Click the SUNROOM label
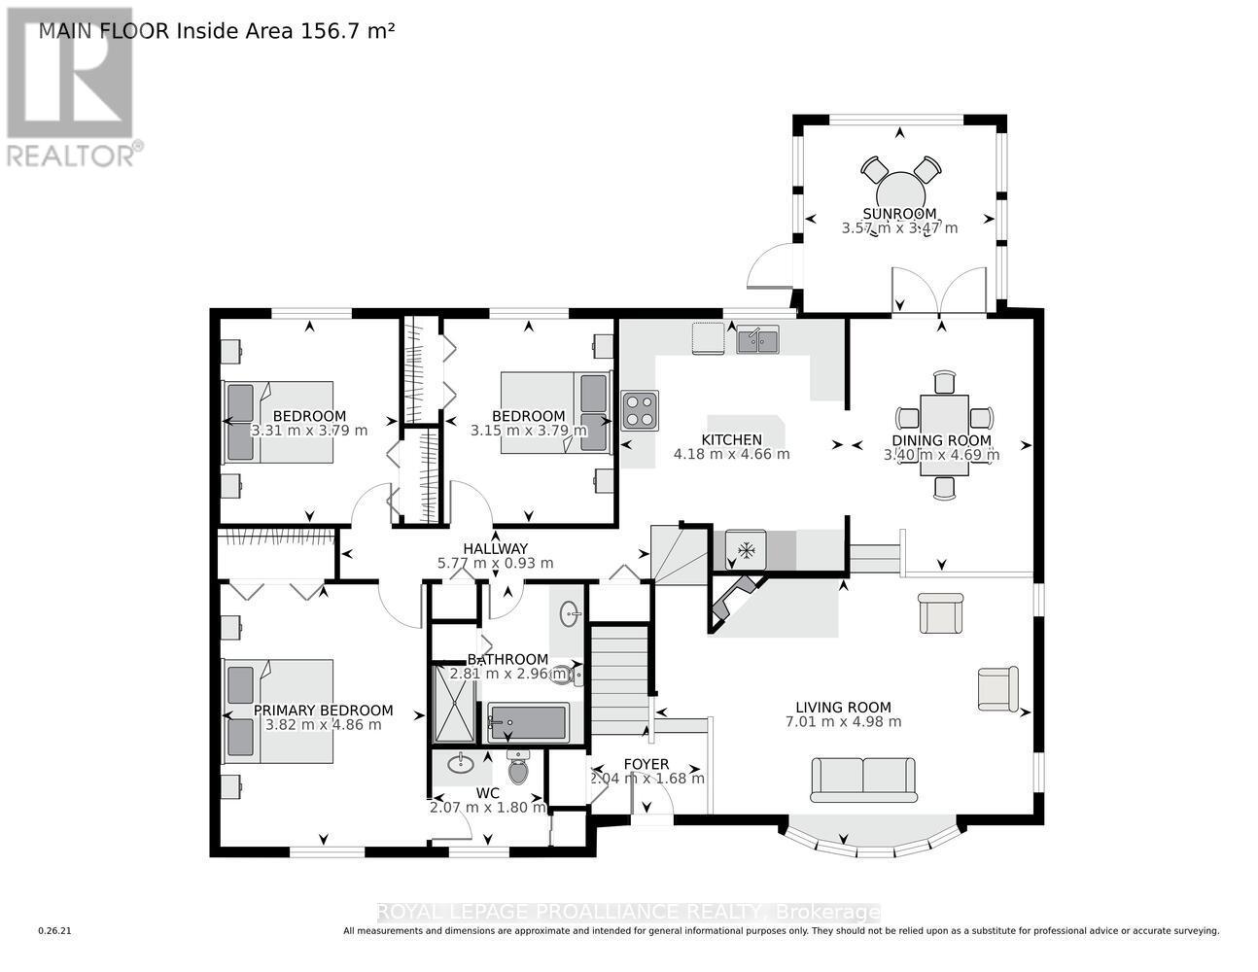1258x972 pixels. point(899,214)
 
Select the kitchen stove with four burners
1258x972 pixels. point(640,410)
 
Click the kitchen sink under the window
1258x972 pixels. point(756,340)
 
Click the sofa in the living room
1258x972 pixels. point(864,780)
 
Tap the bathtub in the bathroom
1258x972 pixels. point(527,722)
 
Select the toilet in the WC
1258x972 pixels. point(517,768)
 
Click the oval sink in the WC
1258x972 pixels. point(460,763)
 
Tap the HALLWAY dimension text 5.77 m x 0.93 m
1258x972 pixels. point(495,563)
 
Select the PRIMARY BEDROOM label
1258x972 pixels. point(323,711)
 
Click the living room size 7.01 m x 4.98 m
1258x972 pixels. point(842,722)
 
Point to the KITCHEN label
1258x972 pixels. point(731,439)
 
